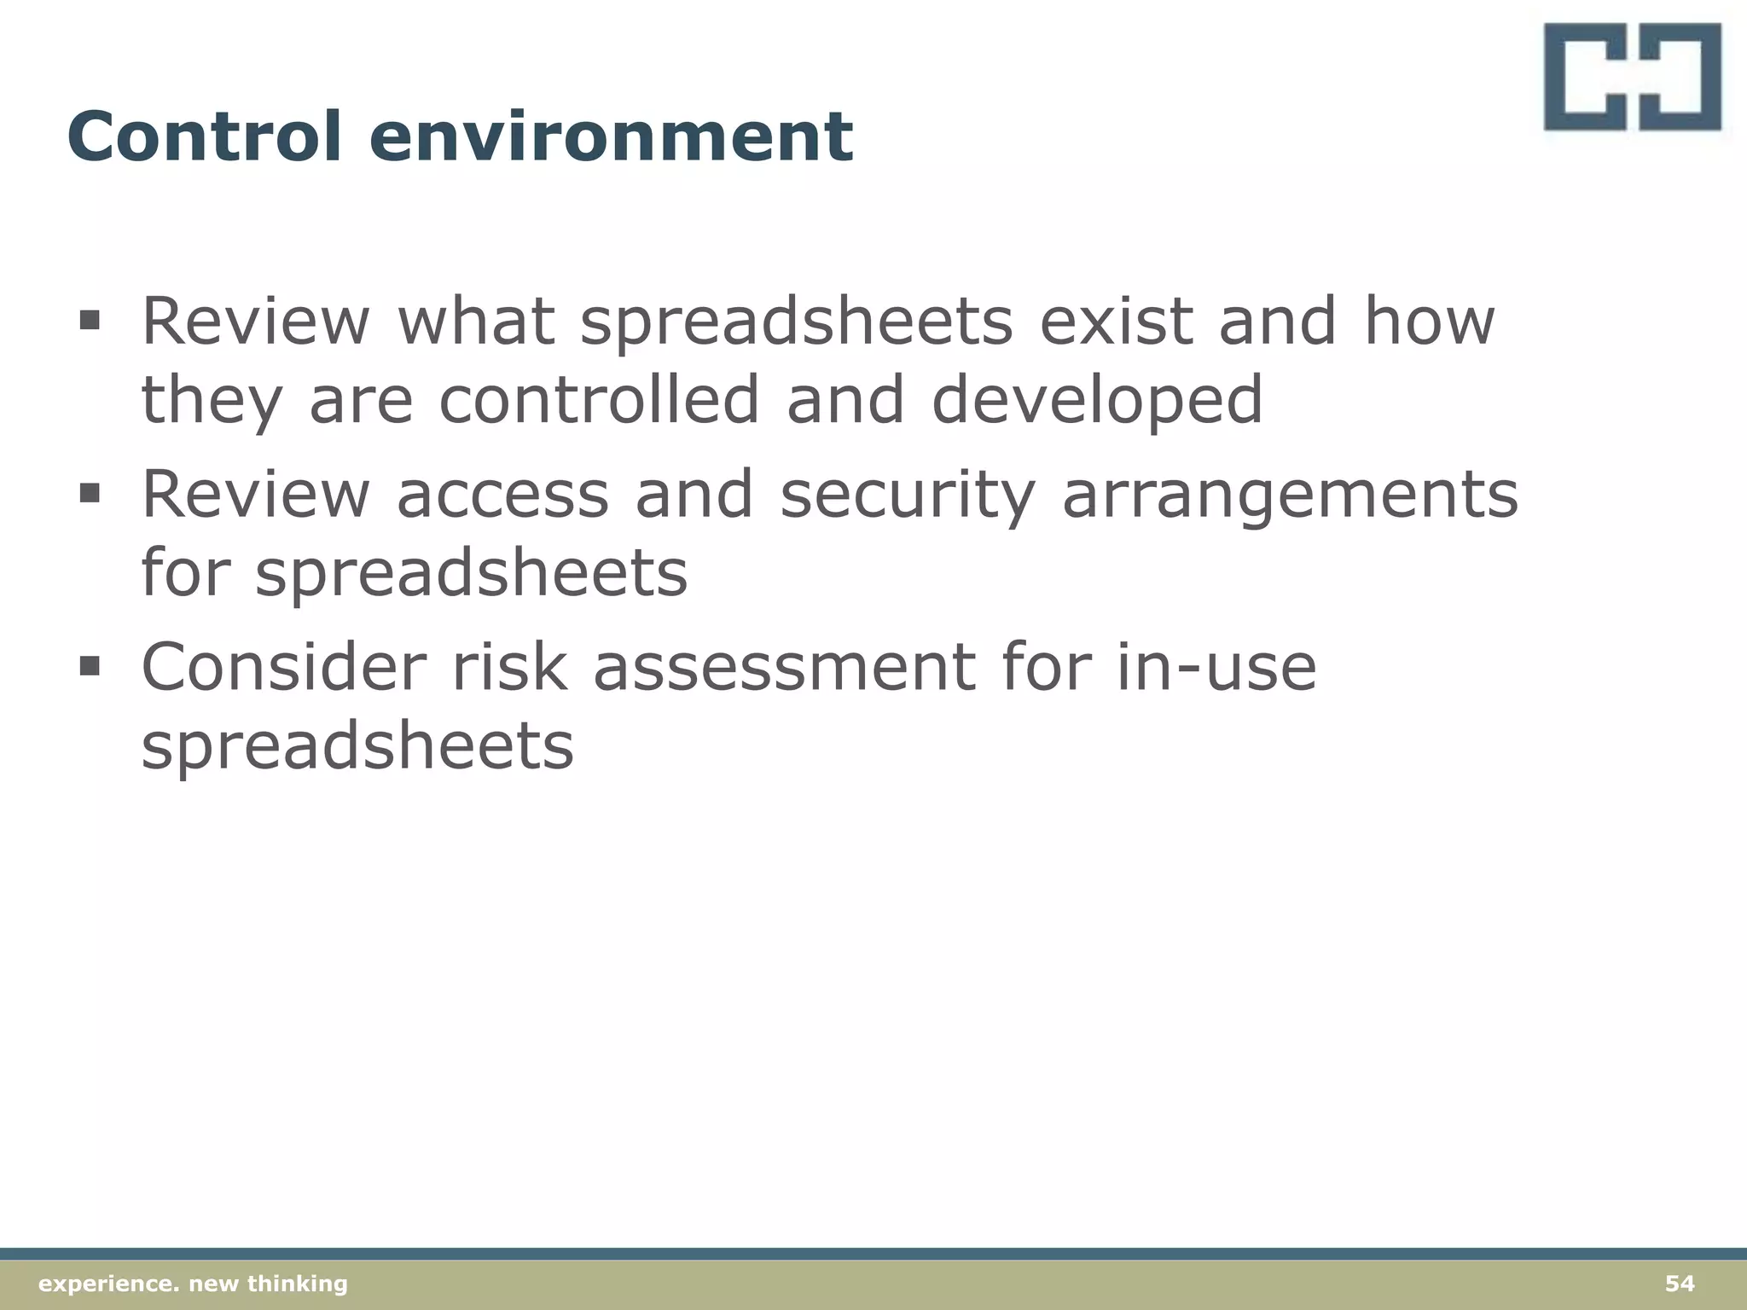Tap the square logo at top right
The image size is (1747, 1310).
point(1632,77)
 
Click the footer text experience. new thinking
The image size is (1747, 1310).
point(194,1284)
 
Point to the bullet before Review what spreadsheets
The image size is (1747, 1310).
point(90,322)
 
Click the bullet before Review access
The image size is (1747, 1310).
point(90,494)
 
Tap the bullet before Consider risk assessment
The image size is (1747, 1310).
point(90,666)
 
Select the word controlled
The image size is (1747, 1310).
point(598,400)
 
